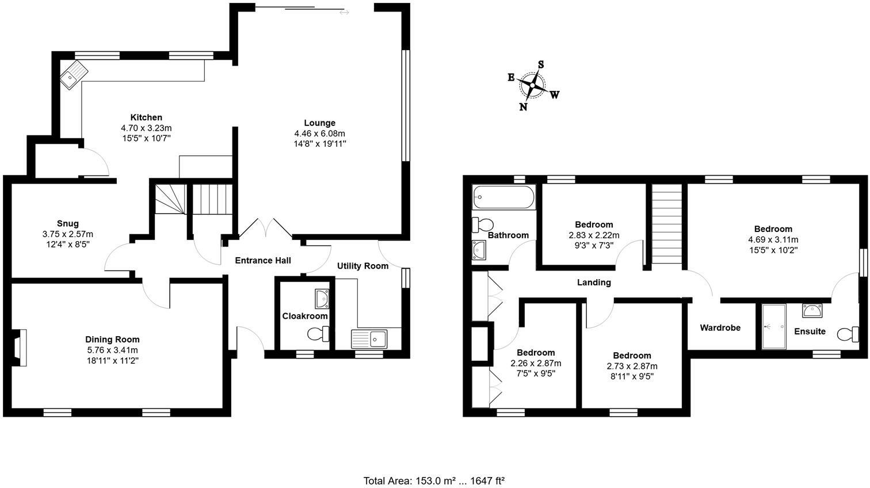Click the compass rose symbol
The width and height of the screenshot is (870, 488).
[532, 86]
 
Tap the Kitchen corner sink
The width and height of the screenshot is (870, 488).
[74, 75]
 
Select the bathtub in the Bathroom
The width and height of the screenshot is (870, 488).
[503, 198]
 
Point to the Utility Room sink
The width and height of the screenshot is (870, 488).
[370, 338]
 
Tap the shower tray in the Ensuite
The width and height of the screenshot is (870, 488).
[773, 326]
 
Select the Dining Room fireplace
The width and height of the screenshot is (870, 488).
[20, 347]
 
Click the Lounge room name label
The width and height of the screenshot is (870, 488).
[319, 123]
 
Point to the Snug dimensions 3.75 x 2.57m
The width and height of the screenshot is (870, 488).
[67, 234]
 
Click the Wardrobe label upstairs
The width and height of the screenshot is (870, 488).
[720, 328]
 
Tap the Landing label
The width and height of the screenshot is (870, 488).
[594, 282]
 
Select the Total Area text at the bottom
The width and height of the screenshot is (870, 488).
[434, 481]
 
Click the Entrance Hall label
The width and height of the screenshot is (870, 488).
[263, 261]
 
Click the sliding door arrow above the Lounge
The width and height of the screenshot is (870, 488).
[344, 12]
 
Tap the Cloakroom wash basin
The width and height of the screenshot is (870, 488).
[322, 298]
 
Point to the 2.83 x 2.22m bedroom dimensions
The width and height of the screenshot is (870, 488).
[594, 235]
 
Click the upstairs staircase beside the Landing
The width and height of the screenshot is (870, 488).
[666, 224]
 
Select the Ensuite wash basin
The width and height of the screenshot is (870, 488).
[812, 311]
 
